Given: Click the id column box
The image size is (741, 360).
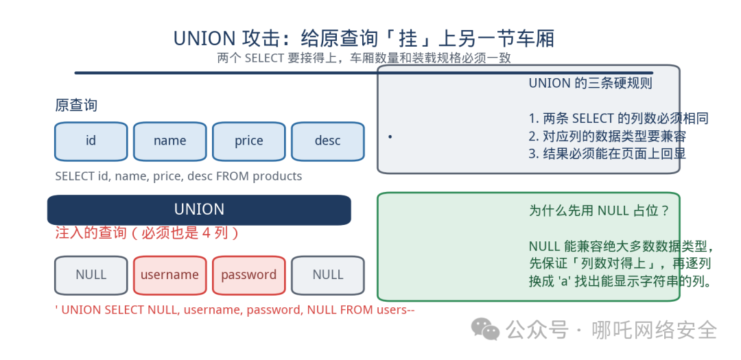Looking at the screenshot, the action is pos(91,141).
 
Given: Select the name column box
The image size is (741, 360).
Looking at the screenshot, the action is pos(170,141).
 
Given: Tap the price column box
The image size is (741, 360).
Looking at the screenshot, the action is pos(249,141).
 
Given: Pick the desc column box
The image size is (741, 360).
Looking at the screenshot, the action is pos(328,141).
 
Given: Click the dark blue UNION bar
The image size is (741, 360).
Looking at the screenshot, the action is pos(199,210).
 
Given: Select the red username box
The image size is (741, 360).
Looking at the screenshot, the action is pos(170,275).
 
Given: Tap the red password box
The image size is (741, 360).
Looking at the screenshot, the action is pos(249,275).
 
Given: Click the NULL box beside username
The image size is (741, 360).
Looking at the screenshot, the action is pos(91,275).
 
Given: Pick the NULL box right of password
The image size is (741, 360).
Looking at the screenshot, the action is pos(328,275).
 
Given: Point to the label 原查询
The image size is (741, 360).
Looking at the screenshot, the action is pos(76,106).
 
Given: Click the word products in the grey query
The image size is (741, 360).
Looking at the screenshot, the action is pos(277,177).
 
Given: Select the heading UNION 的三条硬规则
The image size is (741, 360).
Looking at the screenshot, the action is pos(590,84).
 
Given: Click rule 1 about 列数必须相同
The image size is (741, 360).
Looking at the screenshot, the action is pos(619,118).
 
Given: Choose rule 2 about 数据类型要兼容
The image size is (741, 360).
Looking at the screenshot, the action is pos(607,136).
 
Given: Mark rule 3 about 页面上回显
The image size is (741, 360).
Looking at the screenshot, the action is pos(607,154).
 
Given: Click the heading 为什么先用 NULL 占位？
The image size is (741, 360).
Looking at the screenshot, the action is pos(599,211).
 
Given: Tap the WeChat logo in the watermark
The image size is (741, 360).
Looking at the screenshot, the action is pos(485,328).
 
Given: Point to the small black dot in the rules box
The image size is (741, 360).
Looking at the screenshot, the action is pos(390,137).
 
